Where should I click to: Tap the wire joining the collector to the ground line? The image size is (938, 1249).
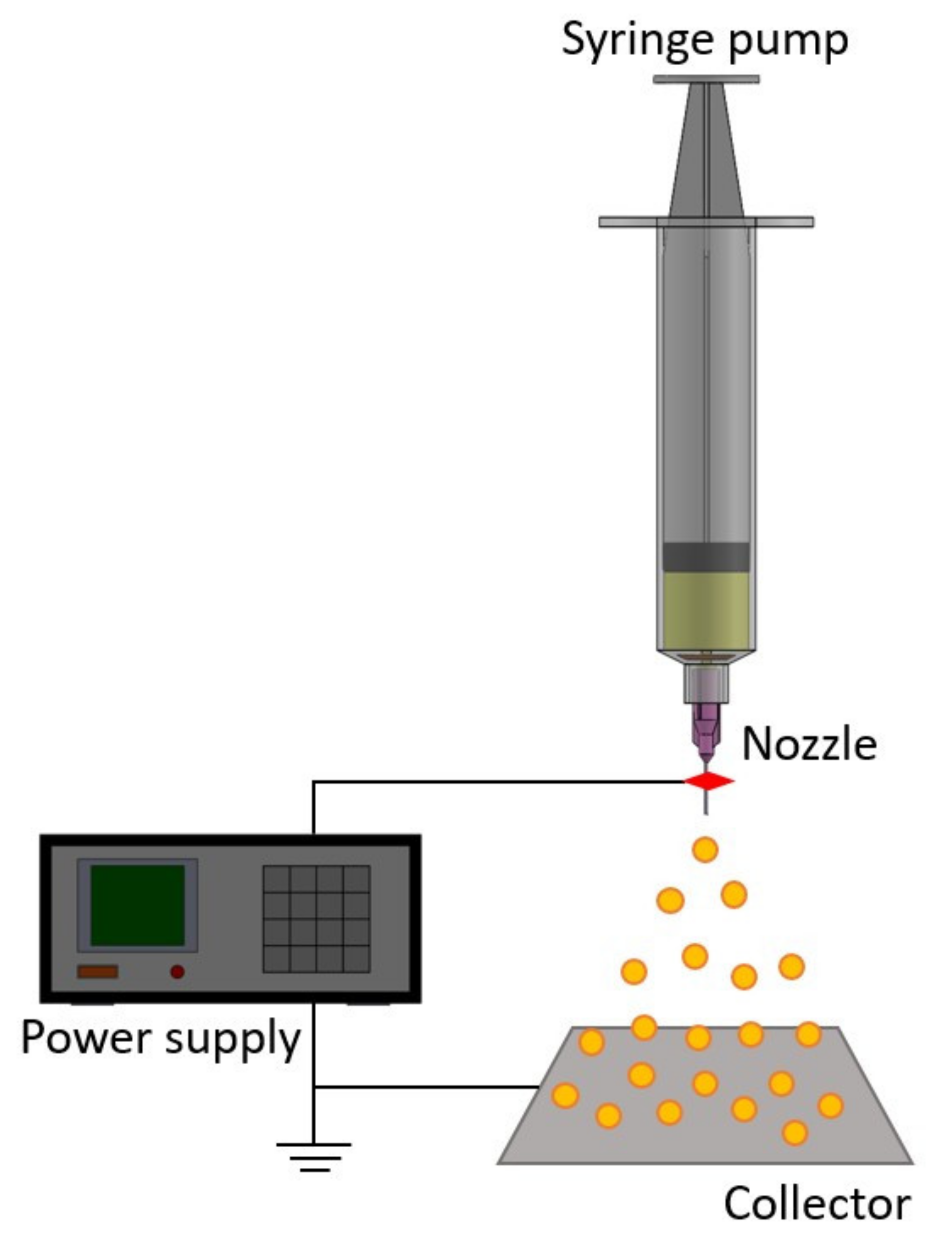pyautogui.click(x=423, y=1087)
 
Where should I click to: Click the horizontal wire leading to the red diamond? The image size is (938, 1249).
pyautogui.click(x=497, y=781)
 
